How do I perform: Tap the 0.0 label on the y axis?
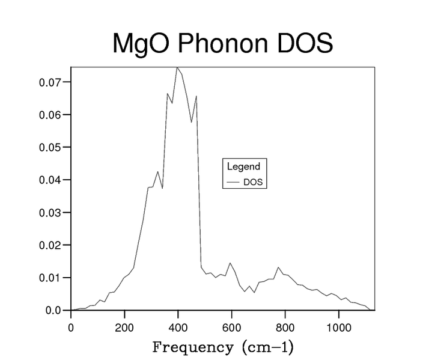54,311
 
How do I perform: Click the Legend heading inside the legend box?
243,166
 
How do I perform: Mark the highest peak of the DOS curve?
177,68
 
